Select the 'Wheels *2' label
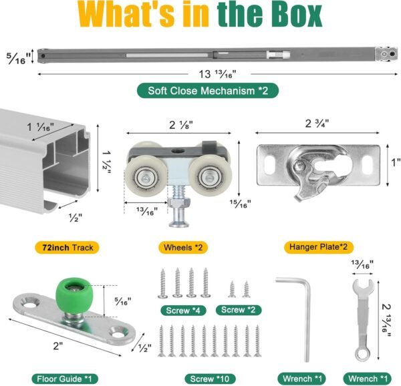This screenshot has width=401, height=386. click(x=182, y=247)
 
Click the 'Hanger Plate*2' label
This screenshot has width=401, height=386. click(x=318, y=247)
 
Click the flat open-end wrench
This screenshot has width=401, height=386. click(x=361, y=314)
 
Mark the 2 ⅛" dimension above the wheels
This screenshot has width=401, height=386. click(x=181, y=123)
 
